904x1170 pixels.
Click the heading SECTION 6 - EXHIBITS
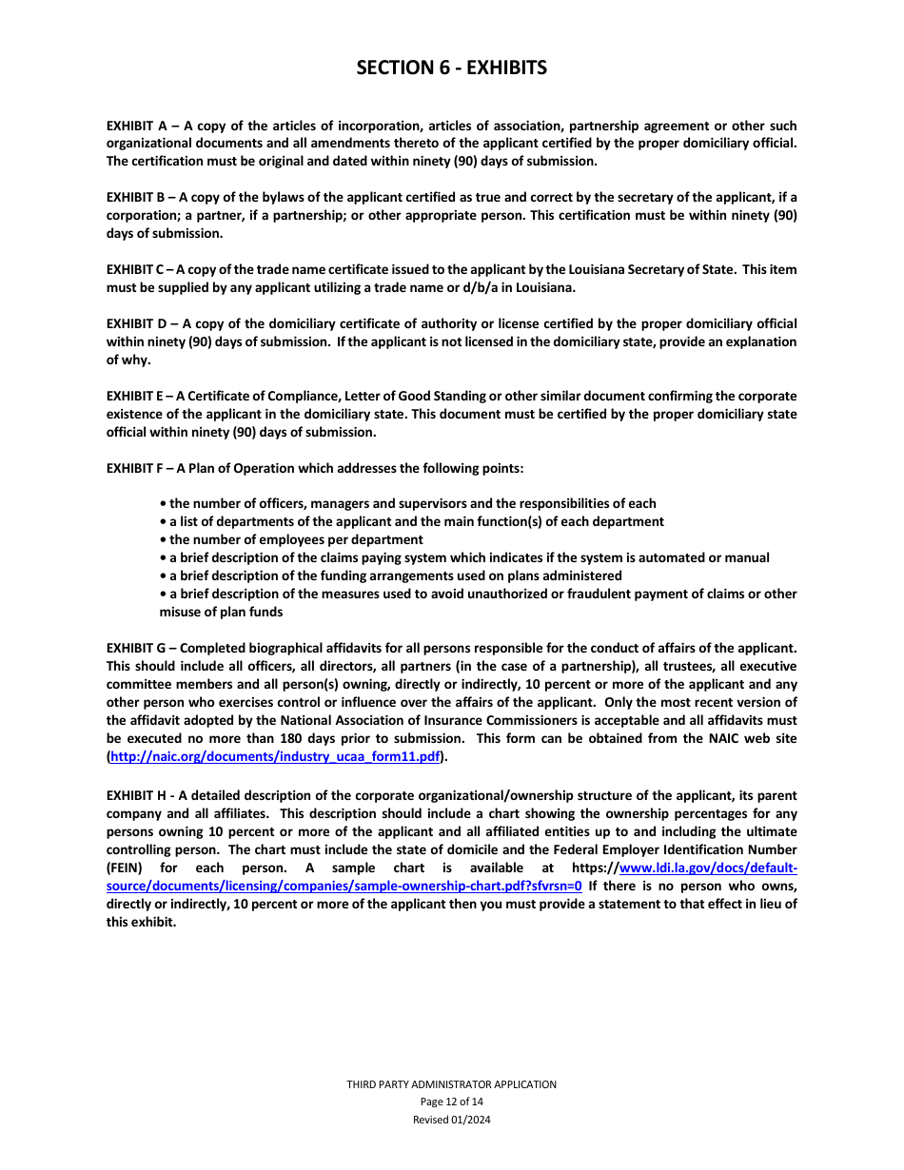tap(451, 68)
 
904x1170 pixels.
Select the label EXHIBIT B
tap(136, 198)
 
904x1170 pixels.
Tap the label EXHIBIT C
tap(136, 270)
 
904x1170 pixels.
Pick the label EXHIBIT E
tap(136, 396)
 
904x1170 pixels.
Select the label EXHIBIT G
tap(137, 649)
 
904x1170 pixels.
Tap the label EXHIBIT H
tap(137, 795)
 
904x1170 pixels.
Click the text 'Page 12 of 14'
tap(451, 1102)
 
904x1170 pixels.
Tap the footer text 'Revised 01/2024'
tap(451, 1120)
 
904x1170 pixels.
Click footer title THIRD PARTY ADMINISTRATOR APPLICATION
tap(451, 1084)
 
